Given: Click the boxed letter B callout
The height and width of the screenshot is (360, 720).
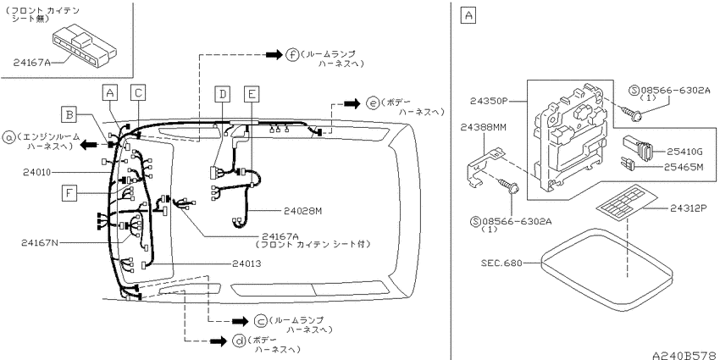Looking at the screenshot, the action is tap(69, 114).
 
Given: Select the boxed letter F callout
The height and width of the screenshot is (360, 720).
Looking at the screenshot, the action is tap(69, 193).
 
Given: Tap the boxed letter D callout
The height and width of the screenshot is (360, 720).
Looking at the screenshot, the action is tap(223, 94).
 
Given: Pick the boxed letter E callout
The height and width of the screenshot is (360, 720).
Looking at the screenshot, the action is tap(252, 94).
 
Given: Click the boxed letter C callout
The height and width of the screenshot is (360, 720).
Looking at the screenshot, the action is tap(138, 92).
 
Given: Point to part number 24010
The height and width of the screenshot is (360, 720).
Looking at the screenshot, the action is tap(36, 172).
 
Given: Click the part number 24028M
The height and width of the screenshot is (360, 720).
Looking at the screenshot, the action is tap(302, 211).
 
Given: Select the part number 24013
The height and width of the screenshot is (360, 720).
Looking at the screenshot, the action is tap(246, 263).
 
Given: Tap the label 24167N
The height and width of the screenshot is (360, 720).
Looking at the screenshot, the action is tap(40, 242).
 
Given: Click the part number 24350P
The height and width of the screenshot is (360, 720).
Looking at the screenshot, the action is tap(489, 101).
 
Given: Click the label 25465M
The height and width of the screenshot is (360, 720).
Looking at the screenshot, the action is tap(684, 167).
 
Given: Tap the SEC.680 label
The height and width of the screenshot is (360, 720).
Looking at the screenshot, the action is tap(501, 263).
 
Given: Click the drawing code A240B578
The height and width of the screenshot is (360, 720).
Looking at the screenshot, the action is tap(685, 356).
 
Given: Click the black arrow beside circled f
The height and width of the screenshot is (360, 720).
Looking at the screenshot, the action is tap(274, 54).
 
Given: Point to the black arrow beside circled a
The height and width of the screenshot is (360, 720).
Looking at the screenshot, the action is tap(90, 145).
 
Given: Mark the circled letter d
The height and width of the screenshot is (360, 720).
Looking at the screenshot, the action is tap(239, 341).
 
